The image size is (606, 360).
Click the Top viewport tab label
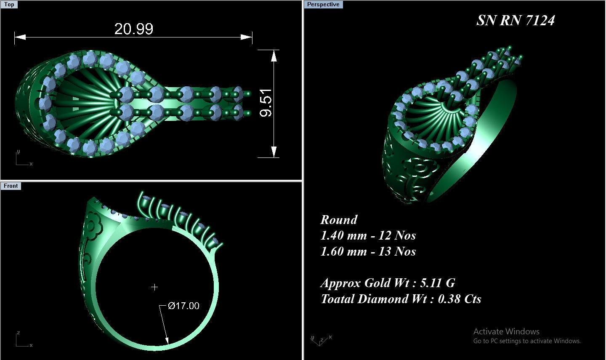9,5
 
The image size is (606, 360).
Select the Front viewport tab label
11,186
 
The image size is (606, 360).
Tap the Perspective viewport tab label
323,5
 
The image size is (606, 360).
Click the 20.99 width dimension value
134,29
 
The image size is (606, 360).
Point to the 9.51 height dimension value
266,103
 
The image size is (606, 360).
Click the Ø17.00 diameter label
183,306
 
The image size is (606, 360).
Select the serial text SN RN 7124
516,20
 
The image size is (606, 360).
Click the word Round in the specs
339,220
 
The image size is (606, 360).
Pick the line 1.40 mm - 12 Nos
368,235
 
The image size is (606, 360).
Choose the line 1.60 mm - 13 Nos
368,251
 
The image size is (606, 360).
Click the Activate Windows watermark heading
506,331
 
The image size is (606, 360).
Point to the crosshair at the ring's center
154,287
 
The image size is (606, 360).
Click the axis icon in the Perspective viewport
321,339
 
